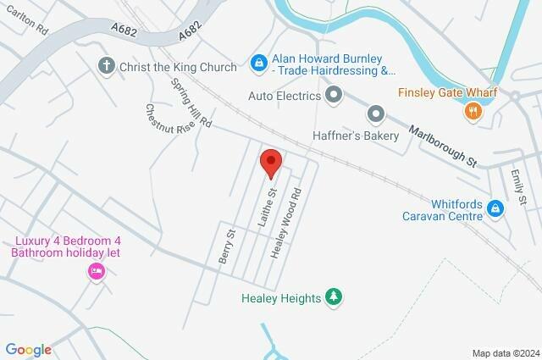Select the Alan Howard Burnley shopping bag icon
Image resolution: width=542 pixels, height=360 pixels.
click(258, 60)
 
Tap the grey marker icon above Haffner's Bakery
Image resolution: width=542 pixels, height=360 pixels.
click(376, 113)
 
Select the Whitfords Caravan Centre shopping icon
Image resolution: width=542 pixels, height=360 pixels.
click(495, 208)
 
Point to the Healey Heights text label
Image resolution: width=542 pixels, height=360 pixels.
click(280, 298)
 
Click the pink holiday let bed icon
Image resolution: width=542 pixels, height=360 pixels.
click(95, 271)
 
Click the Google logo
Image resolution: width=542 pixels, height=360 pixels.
click(28, 349)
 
